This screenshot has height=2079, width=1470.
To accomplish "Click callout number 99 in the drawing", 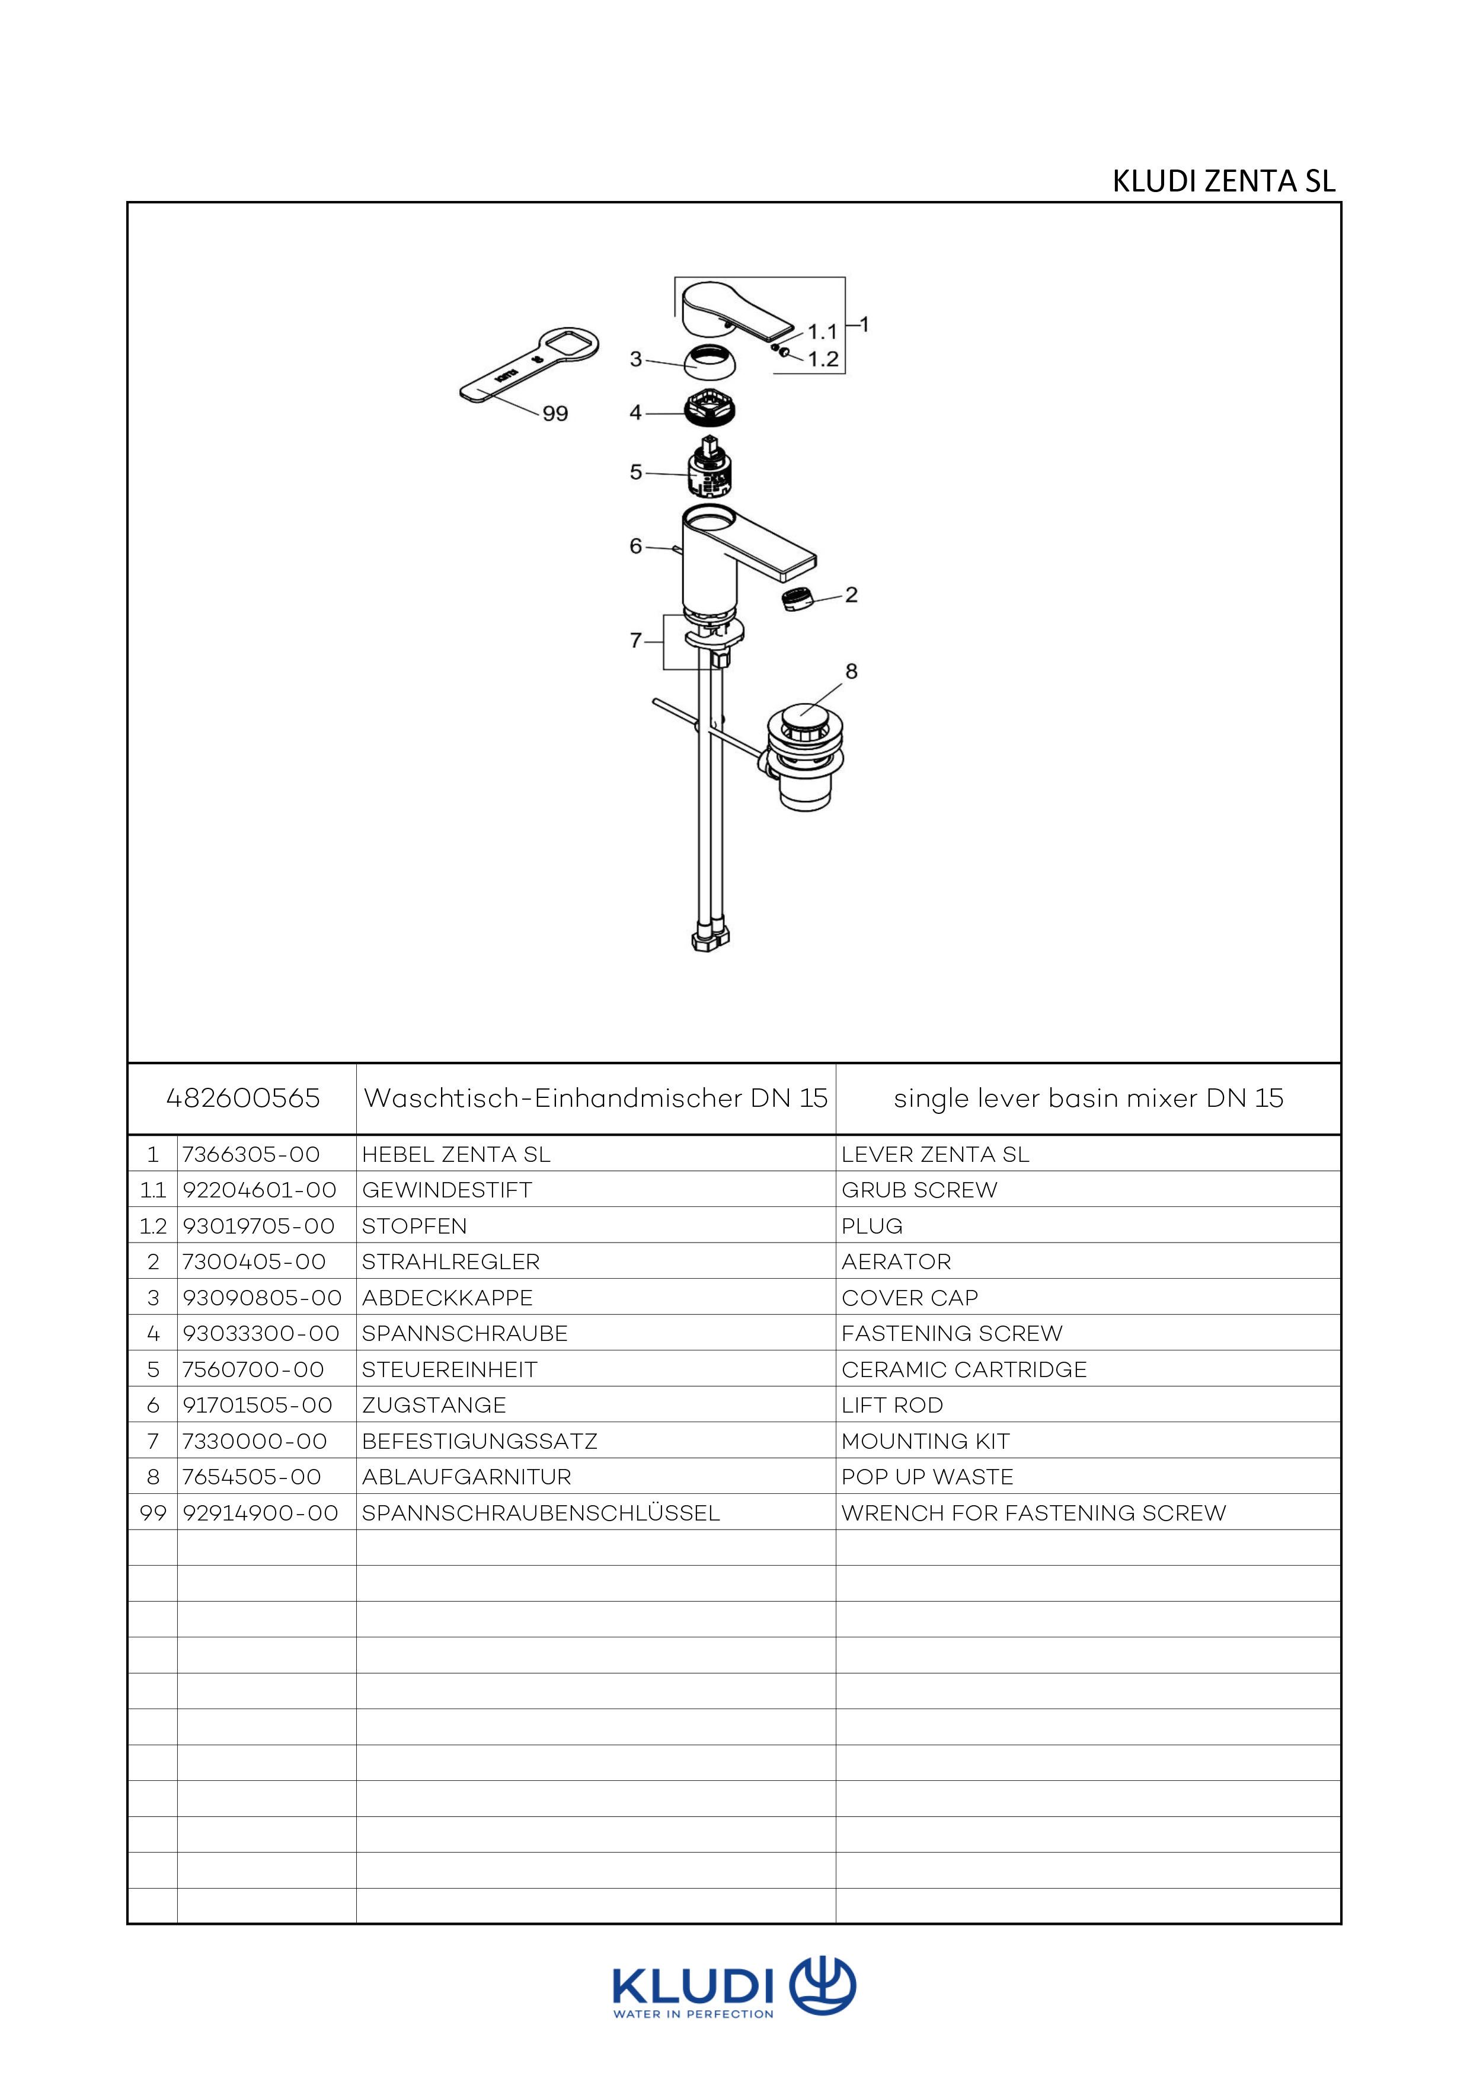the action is [x=555, y=414].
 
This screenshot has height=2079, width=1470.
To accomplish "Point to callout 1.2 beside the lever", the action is [x=823, y=359].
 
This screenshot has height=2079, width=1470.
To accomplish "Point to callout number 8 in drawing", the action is [x=851, y=672].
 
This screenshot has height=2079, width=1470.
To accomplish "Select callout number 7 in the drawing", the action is [x=635, y=641].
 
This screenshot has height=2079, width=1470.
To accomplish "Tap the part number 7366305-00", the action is [x=252, y=1154].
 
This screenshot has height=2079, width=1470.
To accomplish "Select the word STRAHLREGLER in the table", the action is [x=450, y=1262].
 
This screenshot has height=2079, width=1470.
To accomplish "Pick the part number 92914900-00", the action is [x=261, y=1513].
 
